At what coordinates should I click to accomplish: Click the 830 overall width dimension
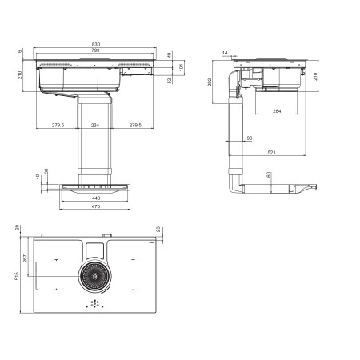[x=96, y=44]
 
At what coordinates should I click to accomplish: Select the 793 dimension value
[x=95, y=50]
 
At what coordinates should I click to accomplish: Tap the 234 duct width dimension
[x=95, y=125]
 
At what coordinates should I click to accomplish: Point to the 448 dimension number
[x=96, y=198]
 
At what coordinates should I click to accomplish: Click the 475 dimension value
[x=96, y=206]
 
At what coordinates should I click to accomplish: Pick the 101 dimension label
[x=182, y=66]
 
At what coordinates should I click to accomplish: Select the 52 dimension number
[x=170, y=81]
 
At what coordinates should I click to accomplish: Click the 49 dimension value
[x=169, y=55]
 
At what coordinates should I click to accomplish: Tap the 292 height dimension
[x=210, y=82]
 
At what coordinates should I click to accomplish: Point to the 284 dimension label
[x=277, y=111]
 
